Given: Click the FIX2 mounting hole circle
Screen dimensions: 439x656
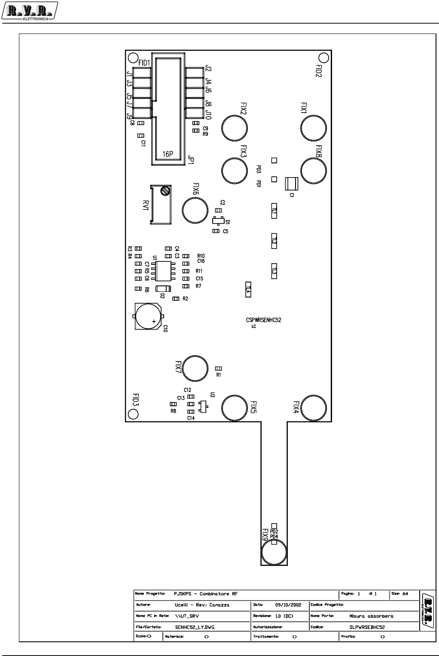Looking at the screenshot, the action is [235, 128].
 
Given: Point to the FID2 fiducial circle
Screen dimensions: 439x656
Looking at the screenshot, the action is [324, 58].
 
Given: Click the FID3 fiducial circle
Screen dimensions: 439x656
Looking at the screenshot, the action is [133, 414].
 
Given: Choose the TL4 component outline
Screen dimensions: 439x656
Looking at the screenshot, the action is [248, 289].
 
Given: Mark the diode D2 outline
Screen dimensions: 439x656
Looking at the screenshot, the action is [163, 288].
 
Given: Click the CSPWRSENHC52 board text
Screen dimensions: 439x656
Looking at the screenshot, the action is [263, 320].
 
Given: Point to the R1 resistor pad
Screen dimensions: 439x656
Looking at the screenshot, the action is [219, 368].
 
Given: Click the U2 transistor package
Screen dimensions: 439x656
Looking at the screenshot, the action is [204, 405].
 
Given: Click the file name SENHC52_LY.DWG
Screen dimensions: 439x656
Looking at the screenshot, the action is [195, 627].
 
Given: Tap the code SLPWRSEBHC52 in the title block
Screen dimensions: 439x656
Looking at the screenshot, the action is [367, 627].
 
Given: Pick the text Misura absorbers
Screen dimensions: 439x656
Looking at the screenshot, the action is [371, 616].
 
